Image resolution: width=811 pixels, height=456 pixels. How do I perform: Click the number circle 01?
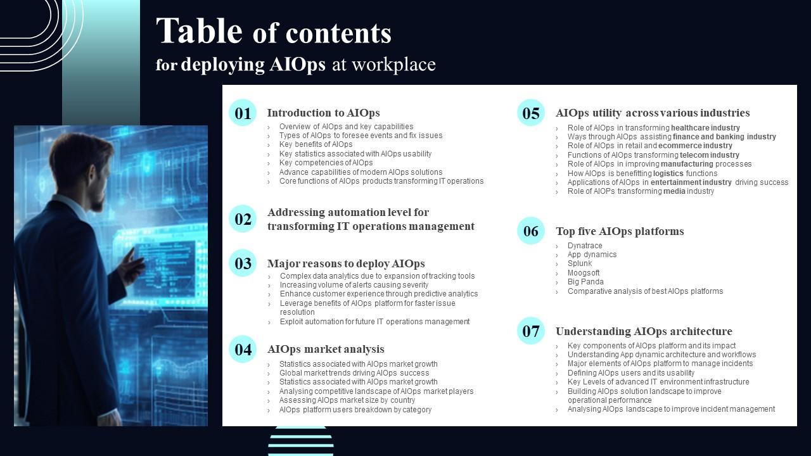(243, 113)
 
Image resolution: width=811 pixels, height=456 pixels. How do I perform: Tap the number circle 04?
(243, 349)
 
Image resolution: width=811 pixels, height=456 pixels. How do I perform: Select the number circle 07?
(531, 331)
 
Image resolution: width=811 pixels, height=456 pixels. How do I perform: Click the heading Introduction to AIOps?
(323, 113)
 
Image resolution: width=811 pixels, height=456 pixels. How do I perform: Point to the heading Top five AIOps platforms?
(620, 231)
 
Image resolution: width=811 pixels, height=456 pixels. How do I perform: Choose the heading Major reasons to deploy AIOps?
(346, 263)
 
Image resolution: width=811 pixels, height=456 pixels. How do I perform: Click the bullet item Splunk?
(580, 263)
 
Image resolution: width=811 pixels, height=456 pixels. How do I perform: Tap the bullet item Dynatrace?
(585, 245)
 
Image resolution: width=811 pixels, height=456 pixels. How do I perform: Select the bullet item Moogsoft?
(584, 272)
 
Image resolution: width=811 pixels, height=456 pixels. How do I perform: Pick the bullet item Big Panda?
(585, 282)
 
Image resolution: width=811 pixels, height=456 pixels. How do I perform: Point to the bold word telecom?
(694, 155)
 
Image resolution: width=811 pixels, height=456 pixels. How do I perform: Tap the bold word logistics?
(668, 174)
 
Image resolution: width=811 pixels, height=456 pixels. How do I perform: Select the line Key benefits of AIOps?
(316, 144)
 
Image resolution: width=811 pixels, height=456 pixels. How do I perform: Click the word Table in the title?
(199, 31)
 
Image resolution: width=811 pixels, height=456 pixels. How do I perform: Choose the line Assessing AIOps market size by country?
(347, 400)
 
